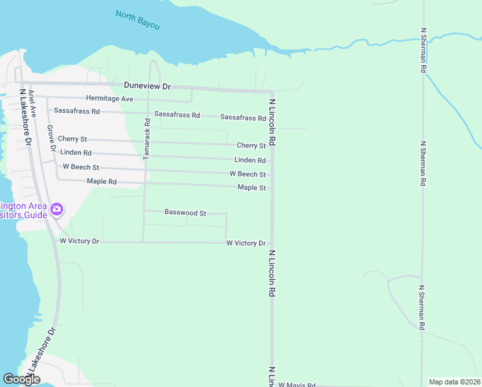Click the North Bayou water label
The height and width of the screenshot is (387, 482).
pyautogui.click(x=137, y=20)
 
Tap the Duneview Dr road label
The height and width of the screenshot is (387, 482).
pyautogui.click(x=148, y=86)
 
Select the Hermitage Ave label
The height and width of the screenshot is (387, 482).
pyautogui.click(x=110, y=99)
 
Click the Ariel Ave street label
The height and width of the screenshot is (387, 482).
pyautogui.click(x=32, y=103)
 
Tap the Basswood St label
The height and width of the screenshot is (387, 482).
pyautogui.click(x=185, y=212)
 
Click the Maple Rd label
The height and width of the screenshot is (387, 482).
pyautogui.click(x=102, y=182)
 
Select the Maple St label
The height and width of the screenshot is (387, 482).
pyautogui.click(x=251, y=188)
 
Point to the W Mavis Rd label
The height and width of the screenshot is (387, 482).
pyautogui.click(x=296, y=384)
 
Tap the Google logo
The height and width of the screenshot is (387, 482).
pyautogui.click(x=21, y=379)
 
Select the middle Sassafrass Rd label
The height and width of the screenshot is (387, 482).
pyautogui.click(x=181, y=115)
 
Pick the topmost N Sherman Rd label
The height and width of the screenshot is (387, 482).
pyautogui.click(x=423, y=49)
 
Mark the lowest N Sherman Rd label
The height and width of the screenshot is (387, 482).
pyautogui.click(x=422, y=308)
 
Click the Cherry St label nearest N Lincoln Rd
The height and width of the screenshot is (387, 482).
pyautogui.click(x=251, y=146)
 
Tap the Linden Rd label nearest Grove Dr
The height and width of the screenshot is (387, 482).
pyautogui.click(x=75, y=153)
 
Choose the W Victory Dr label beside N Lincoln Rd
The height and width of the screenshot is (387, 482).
pyautogui.click(x=246, y=243)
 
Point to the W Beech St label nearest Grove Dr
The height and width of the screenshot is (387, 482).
pyautogui.click(x=81, y=167)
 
